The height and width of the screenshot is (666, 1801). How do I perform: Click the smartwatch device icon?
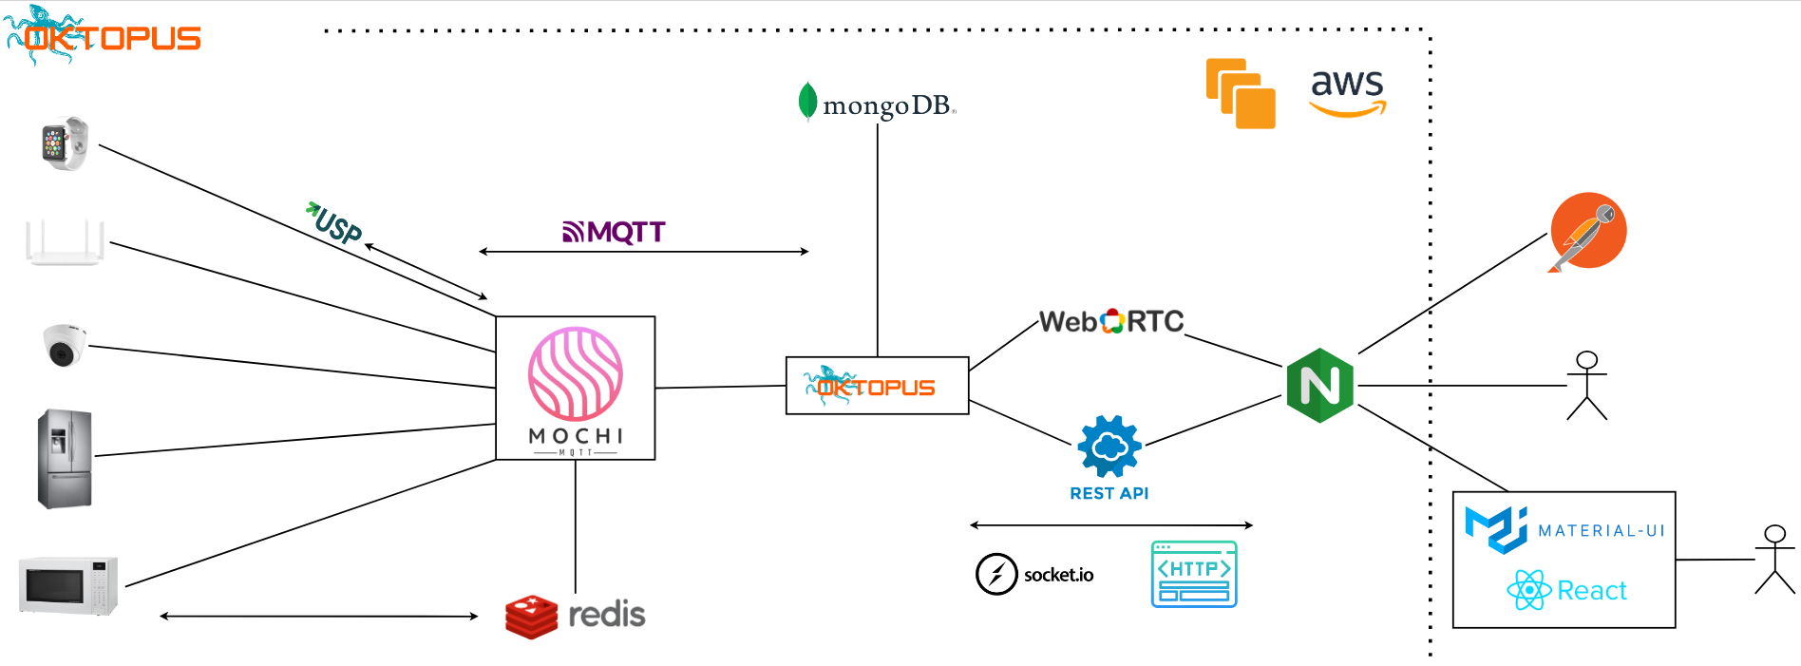65,143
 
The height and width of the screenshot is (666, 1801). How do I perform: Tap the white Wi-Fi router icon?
65,242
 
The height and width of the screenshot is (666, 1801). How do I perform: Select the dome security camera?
64,345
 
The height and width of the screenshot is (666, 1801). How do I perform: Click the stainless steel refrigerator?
65,459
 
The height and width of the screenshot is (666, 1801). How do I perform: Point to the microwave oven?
68,585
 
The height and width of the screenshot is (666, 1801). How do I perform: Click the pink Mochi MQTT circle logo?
576,374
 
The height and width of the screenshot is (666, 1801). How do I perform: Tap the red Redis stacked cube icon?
531,617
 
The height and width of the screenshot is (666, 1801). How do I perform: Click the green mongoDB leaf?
807,102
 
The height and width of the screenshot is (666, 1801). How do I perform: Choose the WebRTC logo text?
1110,322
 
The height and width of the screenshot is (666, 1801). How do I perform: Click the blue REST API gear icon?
1109,446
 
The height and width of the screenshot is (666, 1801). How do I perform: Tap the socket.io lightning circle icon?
996,574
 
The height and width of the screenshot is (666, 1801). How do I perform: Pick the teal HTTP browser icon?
1194,574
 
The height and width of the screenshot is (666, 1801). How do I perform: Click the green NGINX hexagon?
1319,386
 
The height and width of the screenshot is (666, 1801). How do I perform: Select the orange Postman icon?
1587,231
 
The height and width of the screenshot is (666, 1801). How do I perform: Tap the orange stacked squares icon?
1241,93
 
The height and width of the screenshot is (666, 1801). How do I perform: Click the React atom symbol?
1528,590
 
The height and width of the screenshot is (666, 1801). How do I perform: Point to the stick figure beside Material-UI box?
1773,560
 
